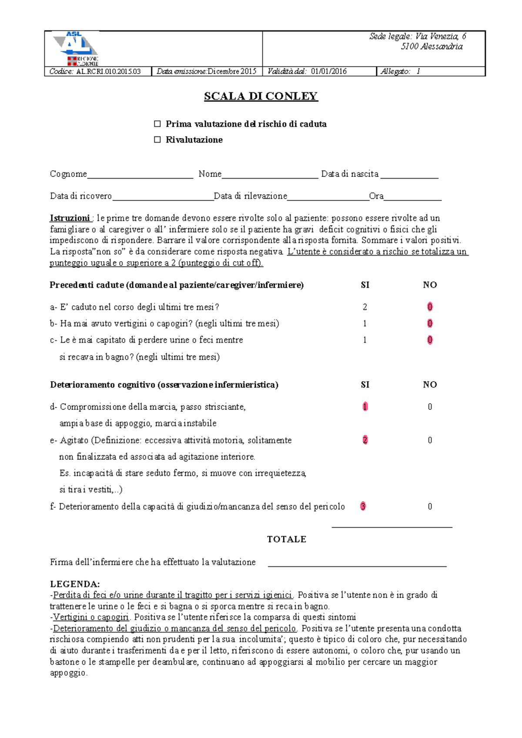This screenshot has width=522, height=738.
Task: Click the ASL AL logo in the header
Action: pyautogui.click(x=75, y=48)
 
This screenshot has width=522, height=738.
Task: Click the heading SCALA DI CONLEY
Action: pyautogui.click(x=261, y=96)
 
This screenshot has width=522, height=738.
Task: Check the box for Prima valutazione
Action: pyautogui.click(x=157, y=124)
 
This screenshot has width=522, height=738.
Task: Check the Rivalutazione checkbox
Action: pyautogui.click(x=157, y=140)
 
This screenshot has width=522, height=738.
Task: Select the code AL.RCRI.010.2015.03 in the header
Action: pyautogui.click(x=108, y=72)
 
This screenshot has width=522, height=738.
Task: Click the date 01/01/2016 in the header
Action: pyautogui.click(x=328, y=72)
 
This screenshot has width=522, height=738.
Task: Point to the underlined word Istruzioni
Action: pyautogui.click(x=70, y=218)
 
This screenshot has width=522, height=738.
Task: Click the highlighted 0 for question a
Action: pyautogui.click(x=430, y=307)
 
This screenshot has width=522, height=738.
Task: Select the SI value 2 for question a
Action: pyautogui.click(x=365, y=307)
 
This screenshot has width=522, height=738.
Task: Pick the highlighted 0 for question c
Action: pyautogui.click(x=430, y=340)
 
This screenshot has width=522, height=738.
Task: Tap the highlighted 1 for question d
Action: pyautogui.click(x=365, y=406)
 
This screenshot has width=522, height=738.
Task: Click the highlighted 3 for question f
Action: pyautogui.click(x=363, y=506)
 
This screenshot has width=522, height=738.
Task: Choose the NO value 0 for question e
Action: pyautogui.click(x=430, y=440)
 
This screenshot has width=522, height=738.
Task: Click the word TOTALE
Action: pyautogui.click(x=287, y=539)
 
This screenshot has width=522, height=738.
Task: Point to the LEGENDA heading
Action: pyautogui.click(x=75, y=584)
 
